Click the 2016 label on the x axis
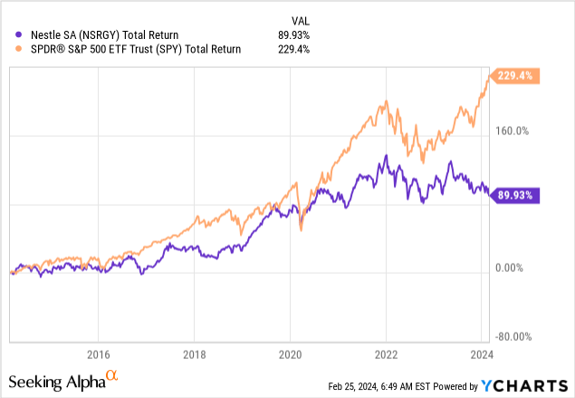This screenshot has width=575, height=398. click(98, 354)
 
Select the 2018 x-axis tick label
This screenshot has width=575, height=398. click(194, 354)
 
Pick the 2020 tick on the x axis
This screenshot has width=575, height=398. click(290, 354)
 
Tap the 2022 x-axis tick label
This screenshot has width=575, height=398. click(386, 354)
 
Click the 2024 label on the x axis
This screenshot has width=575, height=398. click(481, 354)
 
